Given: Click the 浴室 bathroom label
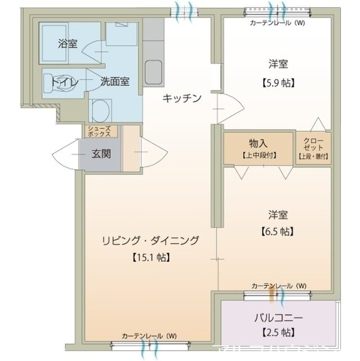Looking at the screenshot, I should click(x=68, y=44).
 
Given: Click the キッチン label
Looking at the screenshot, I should click(x=181, y=98).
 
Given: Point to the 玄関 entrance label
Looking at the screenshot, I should click(x=101, y=153).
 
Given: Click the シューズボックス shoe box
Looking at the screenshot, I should click(x=101, y=131).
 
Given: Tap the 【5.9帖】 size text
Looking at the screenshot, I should click(x=278, y=82).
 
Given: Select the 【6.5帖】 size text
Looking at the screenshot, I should click(x=278, y=231).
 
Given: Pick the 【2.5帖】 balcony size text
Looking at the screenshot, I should click(x=278, y=332).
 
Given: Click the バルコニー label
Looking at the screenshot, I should click(x=278, y=316).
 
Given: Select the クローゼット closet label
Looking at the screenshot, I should click(x=314, y=144).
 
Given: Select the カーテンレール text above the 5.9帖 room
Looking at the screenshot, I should click(x=277, y=23).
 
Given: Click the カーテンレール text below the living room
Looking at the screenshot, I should click(x=149, y=336).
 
